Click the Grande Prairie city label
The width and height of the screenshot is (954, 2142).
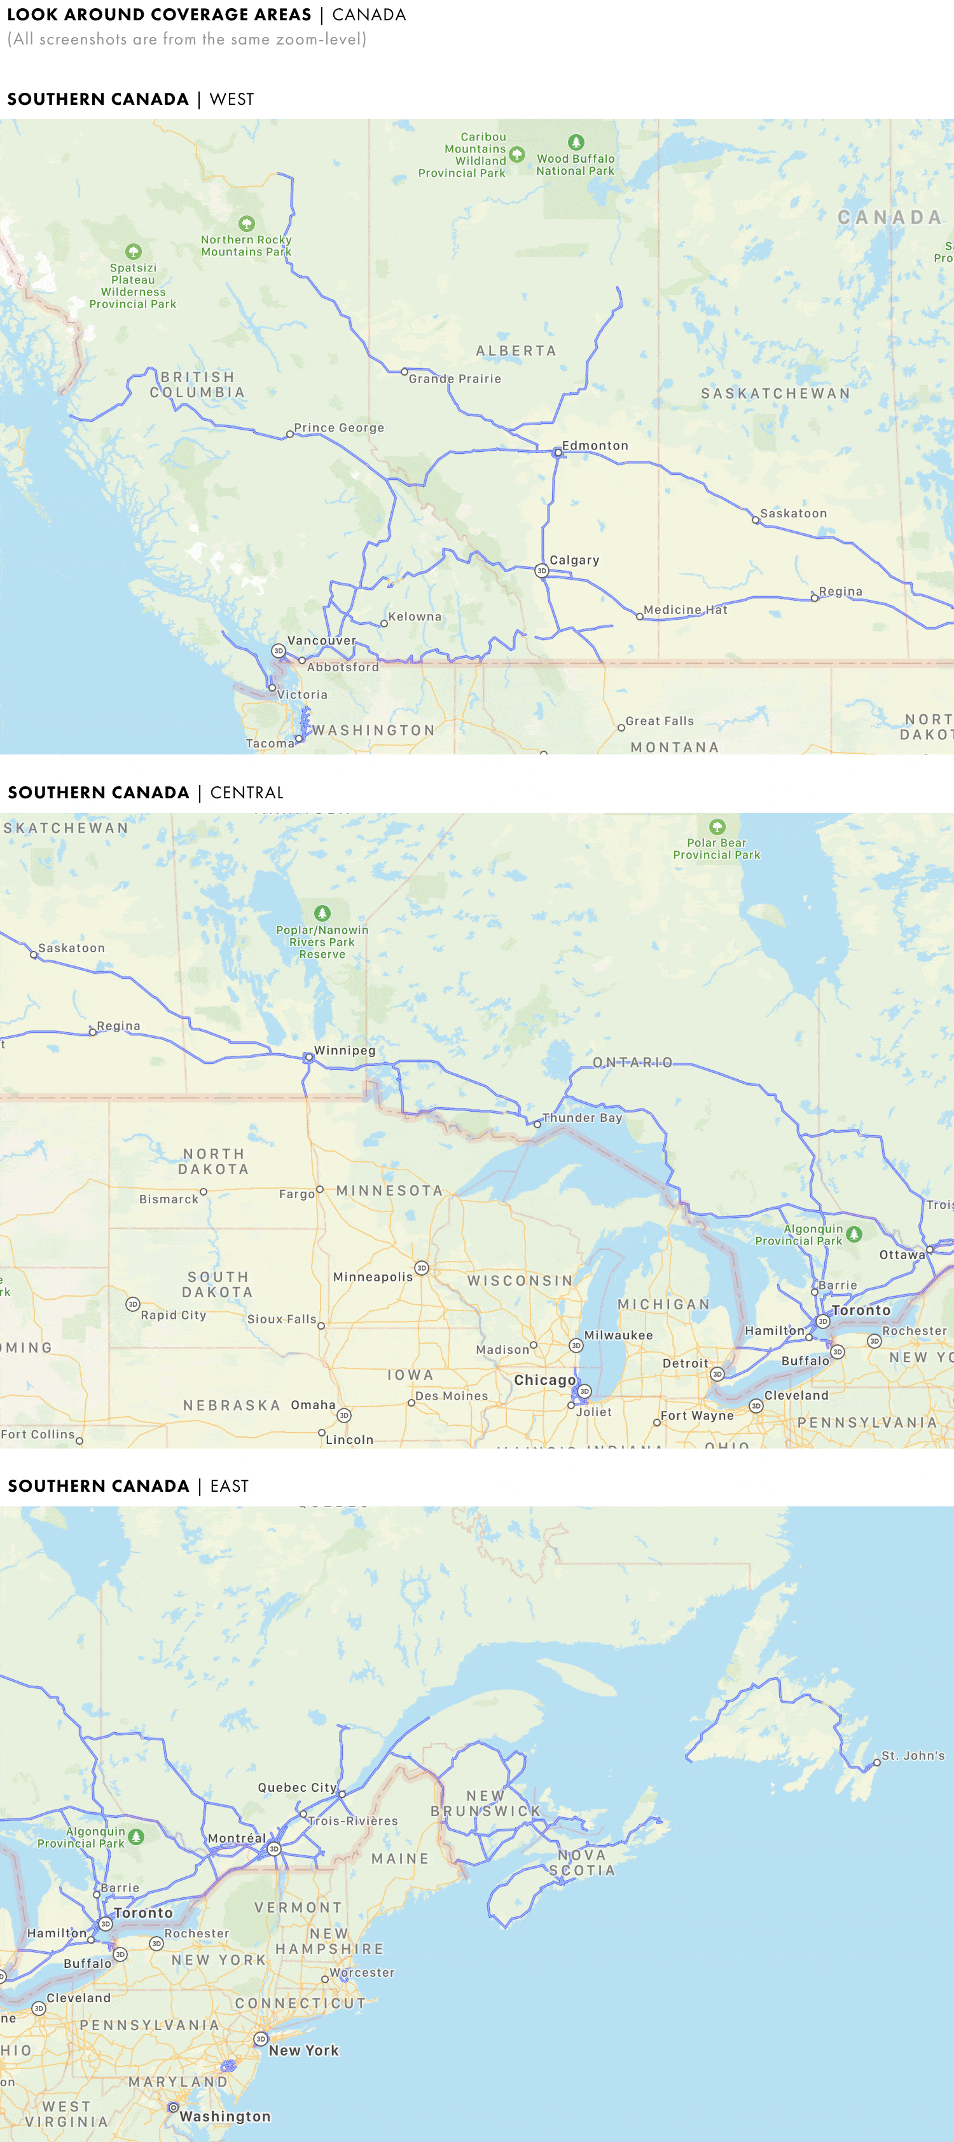[454, 378]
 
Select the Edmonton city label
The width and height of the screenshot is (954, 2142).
[595, 446]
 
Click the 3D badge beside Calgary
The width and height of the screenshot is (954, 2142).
[541, 570]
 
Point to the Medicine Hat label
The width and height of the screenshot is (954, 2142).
[686, 610]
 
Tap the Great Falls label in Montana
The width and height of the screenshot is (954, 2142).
[659, 721]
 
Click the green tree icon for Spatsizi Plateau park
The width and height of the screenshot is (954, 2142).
[133, 251]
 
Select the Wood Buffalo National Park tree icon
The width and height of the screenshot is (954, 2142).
[576, 142]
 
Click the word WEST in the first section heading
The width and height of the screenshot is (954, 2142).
[232, 100]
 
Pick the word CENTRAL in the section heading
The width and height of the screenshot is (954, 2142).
[246, 793]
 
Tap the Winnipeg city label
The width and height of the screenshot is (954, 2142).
[344, 1050]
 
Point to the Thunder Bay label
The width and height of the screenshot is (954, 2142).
[581, 1117]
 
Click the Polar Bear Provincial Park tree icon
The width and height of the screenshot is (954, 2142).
[717, 826]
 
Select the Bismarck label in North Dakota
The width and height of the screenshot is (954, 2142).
[169, 1199]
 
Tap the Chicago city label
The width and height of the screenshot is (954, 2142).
[545, 1379]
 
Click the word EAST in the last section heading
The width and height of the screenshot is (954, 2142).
[230, 1486]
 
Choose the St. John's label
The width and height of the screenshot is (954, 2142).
[913, 1756]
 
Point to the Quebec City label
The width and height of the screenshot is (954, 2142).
[297, 1787]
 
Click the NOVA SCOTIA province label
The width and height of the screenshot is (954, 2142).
[582, 1862]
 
